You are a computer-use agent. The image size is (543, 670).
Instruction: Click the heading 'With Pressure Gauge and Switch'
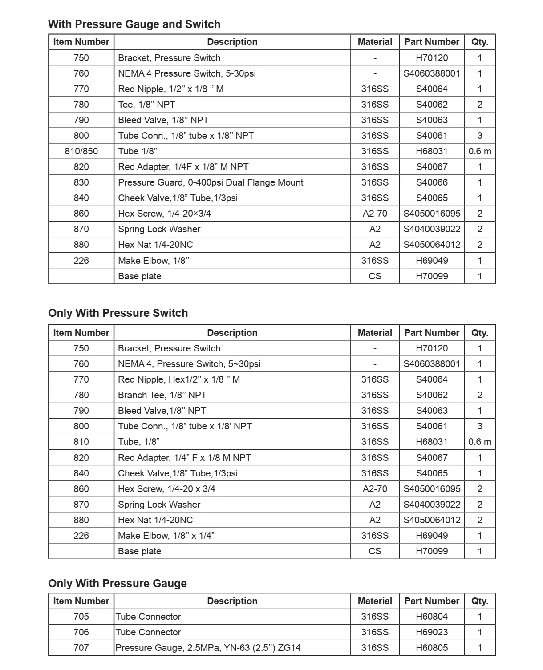[x=134, y=24]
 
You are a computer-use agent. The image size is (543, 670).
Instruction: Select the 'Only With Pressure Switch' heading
[x=118, y=313]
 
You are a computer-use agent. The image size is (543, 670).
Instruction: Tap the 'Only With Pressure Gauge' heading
[x=117, y=583]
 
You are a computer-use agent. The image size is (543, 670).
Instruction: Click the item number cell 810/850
[x=81, y=151]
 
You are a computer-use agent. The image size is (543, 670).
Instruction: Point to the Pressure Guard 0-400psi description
[x=211, y=182]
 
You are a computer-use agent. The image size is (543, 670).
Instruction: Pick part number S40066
[x=432, y=182]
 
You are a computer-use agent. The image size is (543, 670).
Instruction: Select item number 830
[x=81, y=182]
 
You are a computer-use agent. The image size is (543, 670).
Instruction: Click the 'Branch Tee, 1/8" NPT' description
[x=162, y=395]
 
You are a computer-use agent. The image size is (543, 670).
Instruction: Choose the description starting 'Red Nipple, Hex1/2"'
[x=178, y=379]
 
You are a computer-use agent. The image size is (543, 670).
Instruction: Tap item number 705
[x=81, y=617]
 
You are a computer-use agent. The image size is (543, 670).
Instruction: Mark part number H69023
[x=432, y=632]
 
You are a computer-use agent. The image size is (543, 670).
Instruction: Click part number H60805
[x=432, y=648]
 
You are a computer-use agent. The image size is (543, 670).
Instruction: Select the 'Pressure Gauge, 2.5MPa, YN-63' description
[x=208, y=648]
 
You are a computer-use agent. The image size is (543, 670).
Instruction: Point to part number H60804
[x=432, y=617]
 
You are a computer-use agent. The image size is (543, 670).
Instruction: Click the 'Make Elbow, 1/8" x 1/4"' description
[x=166, y=536]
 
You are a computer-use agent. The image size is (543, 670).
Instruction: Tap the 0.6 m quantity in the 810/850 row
[x=480, y=151]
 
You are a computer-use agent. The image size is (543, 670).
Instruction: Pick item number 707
[x=81, y=648]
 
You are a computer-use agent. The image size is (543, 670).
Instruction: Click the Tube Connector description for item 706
[x=148, y=632]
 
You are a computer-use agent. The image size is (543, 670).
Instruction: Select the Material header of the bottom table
[x=375, y=601]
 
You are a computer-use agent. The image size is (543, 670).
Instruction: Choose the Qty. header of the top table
[x=480, y=42]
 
